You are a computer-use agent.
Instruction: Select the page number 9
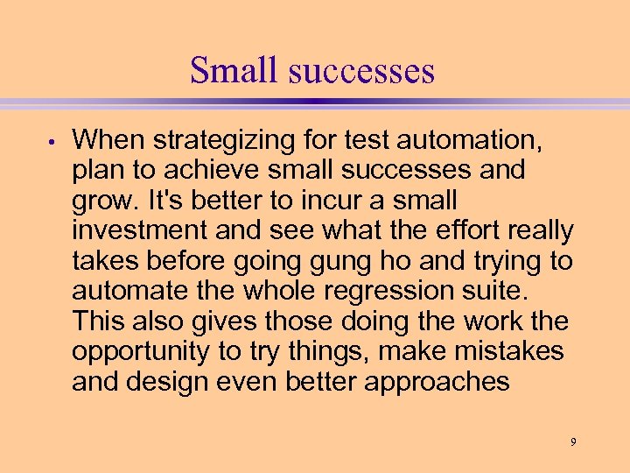pos(573,441)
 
